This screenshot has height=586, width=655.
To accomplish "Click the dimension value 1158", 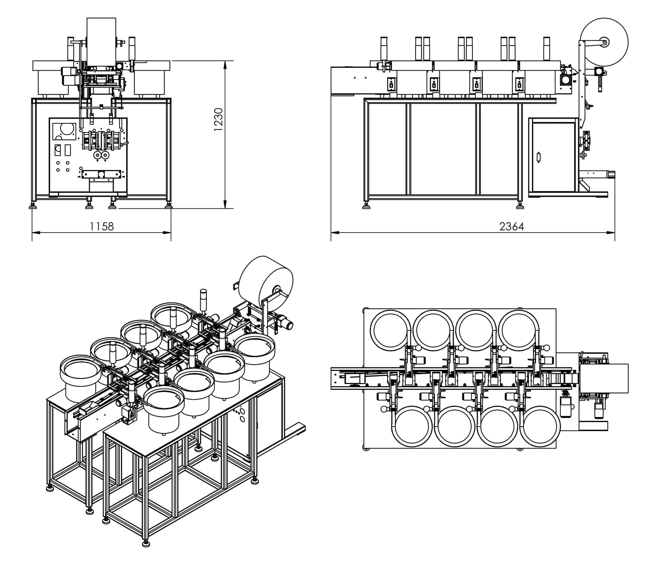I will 101,226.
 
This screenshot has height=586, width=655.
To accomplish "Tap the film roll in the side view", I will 604,41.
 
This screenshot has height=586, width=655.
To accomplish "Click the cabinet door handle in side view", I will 539,158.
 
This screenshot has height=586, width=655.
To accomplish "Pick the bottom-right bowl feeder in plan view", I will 540,426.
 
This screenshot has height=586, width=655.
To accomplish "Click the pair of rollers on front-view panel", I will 101,156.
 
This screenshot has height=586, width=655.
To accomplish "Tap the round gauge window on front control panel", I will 67,130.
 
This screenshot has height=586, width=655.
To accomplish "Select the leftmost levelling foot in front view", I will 33,206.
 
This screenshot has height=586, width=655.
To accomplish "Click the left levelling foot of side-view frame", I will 366,206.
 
